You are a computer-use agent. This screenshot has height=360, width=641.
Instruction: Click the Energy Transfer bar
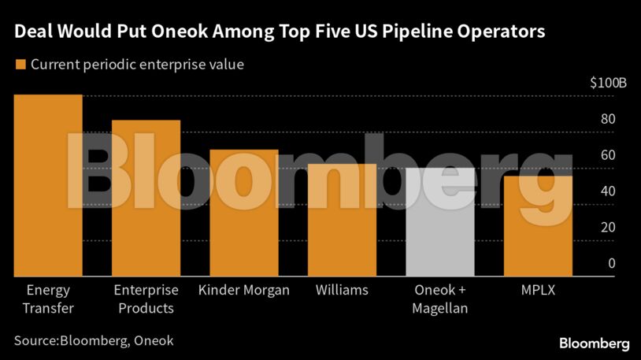pos(48,185)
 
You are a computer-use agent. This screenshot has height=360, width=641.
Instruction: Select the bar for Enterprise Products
pos(146,198)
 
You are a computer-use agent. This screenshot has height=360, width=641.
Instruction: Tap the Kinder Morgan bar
pos(244,213)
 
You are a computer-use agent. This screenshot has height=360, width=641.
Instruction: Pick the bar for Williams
pos(342,220)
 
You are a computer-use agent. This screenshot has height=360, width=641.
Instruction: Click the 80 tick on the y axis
pos(608,120)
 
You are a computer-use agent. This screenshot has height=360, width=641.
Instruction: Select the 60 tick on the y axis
pos(608,155)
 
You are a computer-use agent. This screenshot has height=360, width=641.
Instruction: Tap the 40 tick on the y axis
pos(608,191)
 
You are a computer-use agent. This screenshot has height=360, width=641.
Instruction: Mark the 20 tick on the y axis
pos(608,228)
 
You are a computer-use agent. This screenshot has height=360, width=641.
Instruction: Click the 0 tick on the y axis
pos(611,263)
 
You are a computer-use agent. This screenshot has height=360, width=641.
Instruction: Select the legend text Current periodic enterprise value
pos(137,65)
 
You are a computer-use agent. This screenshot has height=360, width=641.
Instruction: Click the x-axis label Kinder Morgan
pos(244,290)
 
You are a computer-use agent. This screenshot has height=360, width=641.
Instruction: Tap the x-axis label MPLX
pos(538,290)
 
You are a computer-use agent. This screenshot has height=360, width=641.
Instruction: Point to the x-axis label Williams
pos(342,290)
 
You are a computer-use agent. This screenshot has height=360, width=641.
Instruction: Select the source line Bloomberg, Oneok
pos(93,340)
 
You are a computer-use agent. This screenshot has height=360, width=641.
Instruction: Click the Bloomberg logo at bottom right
pos(594,343)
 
